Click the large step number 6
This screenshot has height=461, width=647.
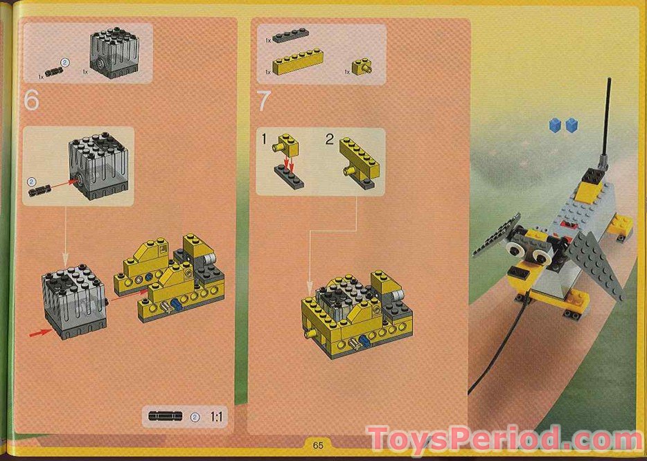32,101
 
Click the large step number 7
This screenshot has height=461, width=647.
263,102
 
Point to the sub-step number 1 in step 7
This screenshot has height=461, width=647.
264,141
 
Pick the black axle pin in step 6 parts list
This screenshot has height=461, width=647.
53,71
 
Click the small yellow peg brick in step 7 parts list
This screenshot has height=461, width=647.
361,67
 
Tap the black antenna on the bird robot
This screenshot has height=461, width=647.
606,118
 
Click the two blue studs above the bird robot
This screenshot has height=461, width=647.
563,125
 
